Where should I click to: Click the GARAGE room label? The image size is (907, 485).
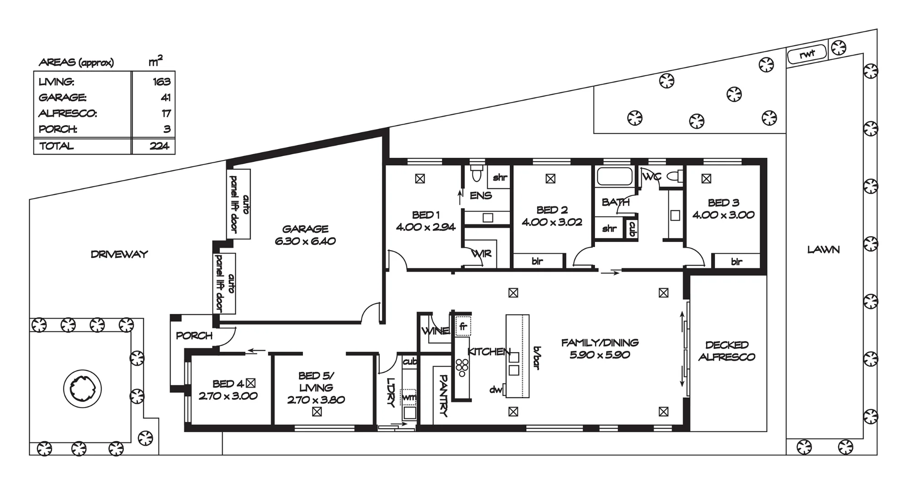[305, 229]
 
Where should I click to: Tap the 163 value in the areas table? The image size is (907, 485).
[161, 82]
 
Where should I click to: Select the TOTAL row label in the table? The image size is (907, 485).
[56, 146]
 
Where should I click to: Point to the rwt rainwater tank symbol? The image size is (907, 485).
[807, 55]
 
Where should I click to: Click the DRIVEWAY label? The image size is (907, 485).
[119, 254]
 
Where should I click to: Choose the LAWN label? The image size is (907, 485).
[824, 249]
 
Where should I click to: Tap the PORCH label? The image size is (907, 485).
[194, 336]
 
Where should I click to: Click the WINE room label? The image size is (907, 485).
[435, 331]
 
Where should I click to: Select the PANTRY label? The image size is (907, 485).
[444, 396]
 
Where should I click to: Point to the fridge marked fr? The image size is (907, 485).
[463, 326]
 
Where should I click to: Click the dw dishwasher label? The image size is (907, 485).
[496, 389]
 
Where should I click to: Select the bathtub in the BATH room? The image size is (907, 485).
[614, 176]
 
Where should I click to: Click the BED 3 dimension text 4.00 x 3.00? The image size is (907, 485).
[723, 215]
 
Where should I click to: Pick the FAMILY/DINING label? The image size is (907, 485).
[600, 343]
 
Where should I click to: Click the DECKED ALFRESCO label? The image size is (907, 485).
[727, 351]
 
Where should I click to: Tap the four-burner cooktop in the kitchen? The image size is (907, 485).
[462, 368]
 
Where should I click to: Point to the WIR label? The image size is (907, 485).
[481, 253]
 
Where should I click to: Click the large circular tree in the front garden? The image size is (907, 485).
[83, 389]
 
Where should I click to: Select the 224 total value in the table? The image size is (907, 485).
[159, 146]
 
